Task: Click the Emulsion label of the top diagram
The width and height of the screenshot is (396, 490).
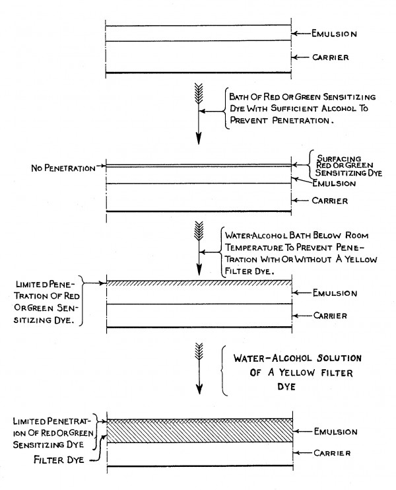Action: [x=334, y=34]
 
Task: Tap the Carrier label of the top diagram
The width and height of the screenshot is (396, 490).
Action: [x=331, y=57]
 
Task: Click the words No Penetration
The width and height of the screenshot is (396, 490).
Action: [x=63, y=168]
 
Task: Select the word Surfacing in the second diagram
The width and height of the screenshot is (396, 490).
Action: [x=339, y=158]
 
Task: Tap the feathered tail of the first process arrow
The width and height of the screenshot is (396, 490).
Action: [x=199, y=93]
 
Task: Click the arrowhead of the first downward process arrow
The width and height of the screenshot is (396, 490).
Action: [x=199, y=138]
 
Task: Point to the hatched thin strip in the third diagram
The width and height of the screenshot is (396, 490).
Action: [x=199, y=283]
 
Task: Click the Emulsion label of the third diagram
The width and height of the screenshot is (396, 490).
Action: [x=335, y=293]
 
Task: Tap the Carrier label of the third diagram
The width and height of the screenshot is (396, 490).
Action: [x=330, y=316]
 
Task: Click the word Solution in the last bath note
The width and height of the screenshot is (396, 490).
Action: [x=339, y=358]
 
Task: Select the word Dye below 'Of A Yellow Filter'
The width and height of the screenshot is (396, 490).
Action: [x=286, y=386]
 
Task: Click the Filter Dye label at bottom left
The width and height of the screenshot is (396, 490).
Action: [x=59, y=460]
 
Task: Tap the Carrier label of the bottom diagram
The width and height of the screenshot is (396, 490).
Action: [x=332, y=453]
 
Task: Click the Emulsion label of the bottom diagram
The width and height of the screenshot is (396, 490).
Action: [x=336, y=432]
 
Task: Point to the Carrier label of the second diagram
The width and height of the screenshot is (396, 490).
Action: [x=330, y=201]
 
